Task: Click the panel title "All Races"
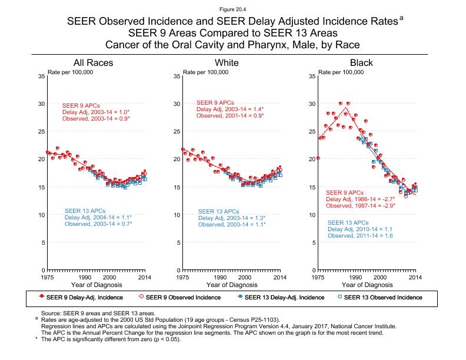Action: (x=93, y=63)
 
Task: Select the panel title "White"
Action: (x=227, y=63)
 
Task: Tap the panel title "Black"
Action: (x=361, y=63)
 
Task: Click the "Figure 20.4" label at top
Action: (x=232, y=9)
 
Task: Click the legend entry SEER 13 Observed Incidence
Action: (x=383, y=297)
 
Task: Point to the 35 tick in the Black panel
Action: (x=312, y=76)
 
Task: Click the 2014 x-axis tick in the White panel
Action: (x=280, y=276)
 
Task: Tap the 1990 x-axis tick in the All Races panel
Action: (x=85, y=276)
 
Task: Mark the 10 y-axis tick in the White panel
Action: (x=177, y=215)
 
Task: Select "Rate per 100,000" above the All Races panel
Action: (x=71, y=72)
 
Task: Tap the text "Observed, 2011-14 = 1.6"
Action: (x=360, y=236)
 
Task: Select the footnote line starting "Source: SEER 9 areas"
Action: (x=96, y=314)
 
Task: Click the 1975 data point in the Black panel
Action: (x=318, y=158)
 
